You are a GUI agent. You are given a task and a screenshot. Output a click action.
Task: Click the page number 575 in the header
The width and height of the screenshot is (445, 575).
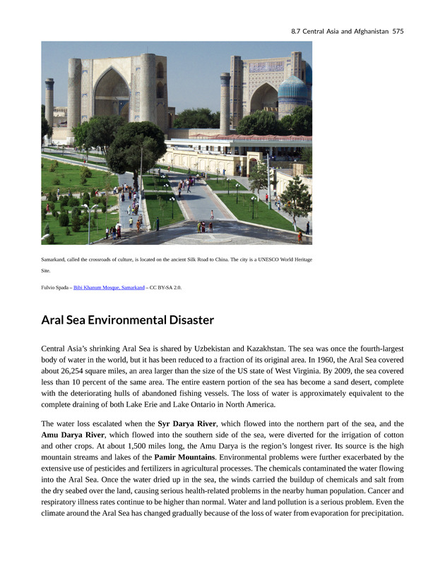pyautogui.click(x=398, y=31)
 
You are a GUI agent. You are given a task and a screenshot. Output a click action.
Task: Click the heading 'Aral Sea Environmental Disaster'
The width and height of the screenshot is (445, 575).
pyautogui.click(x=127, y=320)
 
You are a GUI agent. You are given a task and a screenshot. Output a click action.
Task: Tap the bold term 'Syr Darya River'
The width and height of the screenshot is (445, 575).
pyautogui.click(x=186, y=423)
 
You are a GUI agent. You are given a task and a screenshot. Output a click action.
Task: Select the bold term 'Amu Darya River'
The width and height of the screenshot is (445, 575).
pyautogui.click(x=73, y=435)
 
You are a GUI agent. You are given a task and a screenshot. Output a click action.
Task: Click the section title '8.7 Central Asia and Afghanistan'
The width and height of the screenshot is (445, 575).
pyautogui.click(x=339, y=31)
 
